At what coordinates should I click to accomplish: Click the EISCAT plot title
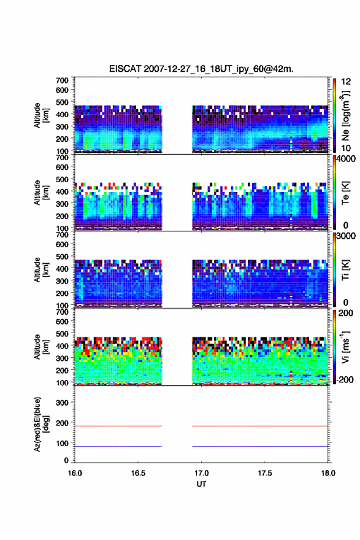201,69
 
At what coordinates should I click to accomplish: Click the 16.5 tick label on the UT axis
137,473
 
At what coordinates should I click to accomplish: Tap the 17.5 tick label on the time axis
265,473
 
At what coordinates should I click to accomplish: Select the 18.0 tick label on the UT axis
328,473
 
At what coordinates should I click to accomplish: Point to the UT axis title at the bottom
201,484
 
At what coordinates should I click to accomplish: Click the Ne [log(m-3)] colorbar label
345,116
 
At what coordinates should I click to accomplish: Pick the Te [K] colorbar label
345,193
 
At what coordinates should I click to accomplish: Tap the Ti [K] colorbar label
345,270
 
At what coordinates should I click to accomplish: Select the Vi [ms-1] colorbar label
345,347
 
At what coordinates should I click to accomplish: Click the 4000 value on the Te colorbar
346,159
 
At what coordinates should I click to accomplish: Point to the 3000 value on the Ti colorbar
346,236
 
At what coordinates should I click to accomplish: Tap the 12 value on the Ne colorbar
346,82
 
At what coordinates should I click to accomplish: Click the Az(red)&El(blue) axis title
40,424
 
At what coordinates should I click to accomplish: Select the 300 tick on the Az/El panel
62,403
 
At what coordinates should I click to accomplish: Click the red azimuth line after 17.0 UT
260,426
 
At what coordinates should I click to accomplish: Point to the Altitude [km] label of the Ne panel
40,115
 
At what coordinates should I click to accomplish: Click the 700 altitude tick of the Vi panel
62,312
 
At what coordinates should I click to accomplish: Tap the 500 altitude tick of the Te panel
62,179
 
